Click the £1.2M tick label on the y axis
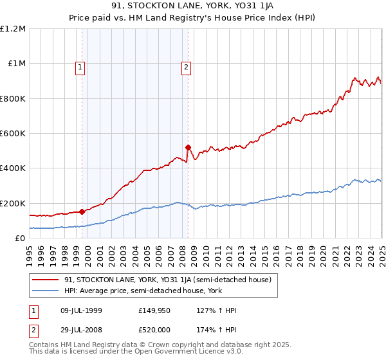pos(13,29)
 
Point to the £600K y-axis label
pos(13,134)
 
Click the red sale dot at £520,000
pos(188,147)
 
